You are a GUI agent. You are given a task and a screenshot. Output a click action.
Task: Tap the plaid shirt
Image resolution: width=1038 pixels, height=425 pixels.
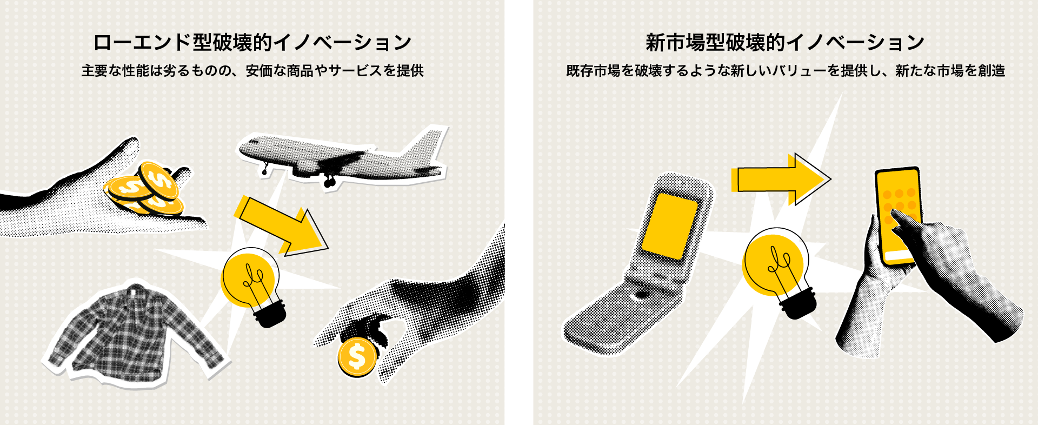coord(135,333)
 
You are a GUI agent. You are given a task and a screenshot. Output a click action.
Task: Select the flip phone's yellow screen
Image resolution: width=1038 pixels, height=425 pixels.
coord(669,226)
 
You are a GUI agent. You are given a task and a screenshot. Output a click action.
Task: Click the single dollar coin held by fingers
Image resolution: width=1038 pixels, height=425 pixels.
coord(357,357)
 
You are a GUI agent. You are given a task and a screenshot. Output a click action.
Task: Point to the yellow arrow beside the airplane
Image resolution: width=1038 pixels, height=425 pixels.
coord(281,224)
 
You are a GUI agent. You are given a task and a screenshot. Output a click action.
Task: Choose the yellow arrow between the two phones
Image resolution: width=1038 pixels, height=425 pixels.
coord(778,179)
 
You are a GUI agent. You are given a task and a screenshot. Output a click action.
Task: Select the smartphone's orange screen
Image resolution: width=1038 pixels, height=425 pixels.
coord(897,214)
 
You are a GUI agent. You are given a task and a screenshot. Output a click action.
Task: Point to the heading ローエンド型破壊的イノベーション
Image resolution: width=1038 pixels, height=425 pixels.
coord(252,42)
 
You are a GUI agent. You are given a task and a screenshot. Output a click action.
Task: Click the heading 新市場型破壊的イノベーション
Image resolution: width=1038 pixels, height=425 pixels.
coord(785,42)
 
